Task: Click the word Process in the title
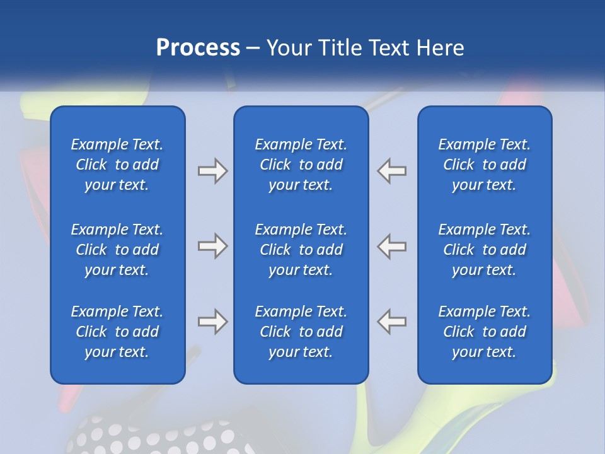click(198, 48)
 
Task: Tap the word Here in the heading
click(440, 48)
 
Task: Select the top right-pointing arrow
click(212, 171)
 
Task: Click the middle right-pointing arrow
click(212, 246)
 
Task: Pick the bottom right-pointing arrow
click(212, 322)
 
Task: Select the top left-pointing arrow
click(391, 171)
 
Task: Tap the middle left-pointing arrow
click(391, 246)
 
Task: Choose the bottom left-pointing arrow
click(391, 322)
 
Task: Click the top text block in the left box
click(117, 165)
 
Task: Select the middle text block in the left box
click(117, 250)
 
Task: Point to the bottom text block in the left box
click(117, 332)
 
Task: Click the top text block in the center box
click(301, 165)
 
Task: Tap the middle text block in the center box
click(301, 250)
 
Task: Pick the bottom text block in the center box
click(301, 332)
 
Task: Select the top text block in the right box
click(484, 165)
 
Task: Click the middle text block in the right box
click(484, 250)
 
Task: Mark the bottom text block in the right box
click(484, 332)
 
